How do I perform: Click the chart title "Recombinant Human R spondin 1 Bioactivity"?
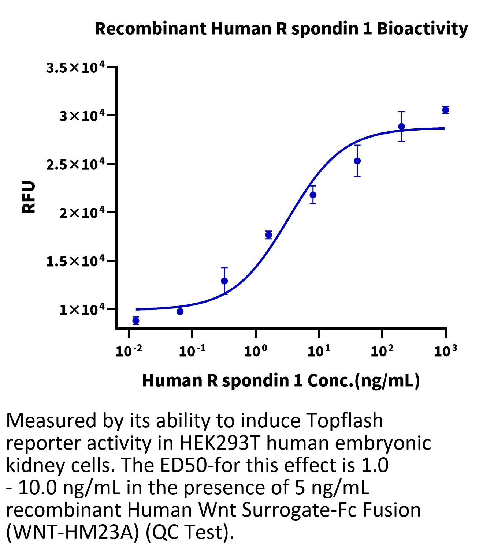[281, 29]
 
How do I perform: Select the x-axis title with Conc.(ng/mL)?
[281, 380]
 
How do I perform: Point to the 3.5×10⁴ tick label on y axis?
[75, 68]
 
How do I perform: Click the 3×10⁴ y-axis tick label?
[82, 116]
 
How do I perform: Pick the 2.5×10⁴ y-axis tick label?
[75, 165]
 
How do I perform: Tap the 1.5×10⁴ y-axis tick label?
[75, 261]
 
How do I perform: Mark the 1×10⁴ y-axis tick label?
[82, 310]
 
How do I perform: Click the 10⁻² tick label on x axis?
[129, 351]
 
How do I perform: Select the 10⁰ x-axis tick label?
[255, 351]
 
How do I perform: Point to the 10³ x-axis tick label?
[445, 351]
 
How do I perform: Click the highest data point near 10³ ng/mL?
[445, 110]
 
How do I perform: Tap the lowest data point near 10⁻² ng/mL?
[136, 321]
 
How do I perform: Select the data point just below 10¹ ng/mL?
[313, 195]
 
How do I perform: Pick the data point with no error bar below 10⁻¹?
[180, 311]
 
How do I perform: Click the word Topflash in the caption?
[344, 421]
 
